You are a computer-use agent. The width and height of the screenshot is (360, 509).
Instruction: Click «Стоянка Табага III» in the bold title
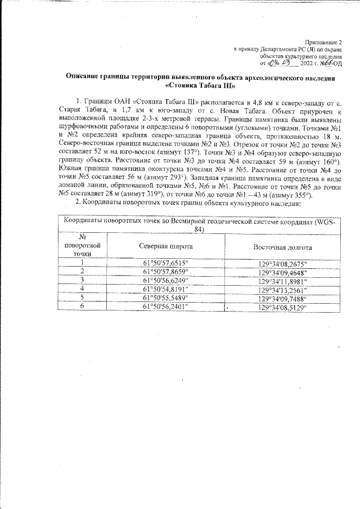(x=200, y=86)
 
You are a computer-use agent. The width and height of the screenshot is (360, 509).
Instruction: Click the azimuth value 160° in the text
(x=327, y=161)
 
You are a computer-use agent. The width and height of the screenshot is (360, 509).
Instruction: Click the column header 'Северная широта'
(x=166, y=247)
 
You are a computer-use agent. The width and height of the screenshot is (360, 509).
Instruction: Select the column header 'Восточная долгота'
(x=283, y=247)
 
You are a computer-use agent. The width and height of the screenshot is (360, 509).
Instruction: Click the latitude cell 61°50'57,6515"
(x=166, y=262)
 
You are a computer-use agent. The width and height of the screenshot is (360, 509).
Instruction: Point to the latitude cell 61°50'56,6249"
(x=166, y=280)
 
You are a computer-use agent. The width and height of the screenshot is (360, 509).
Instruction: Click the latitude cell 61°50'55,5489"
(x=166, y=298)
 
